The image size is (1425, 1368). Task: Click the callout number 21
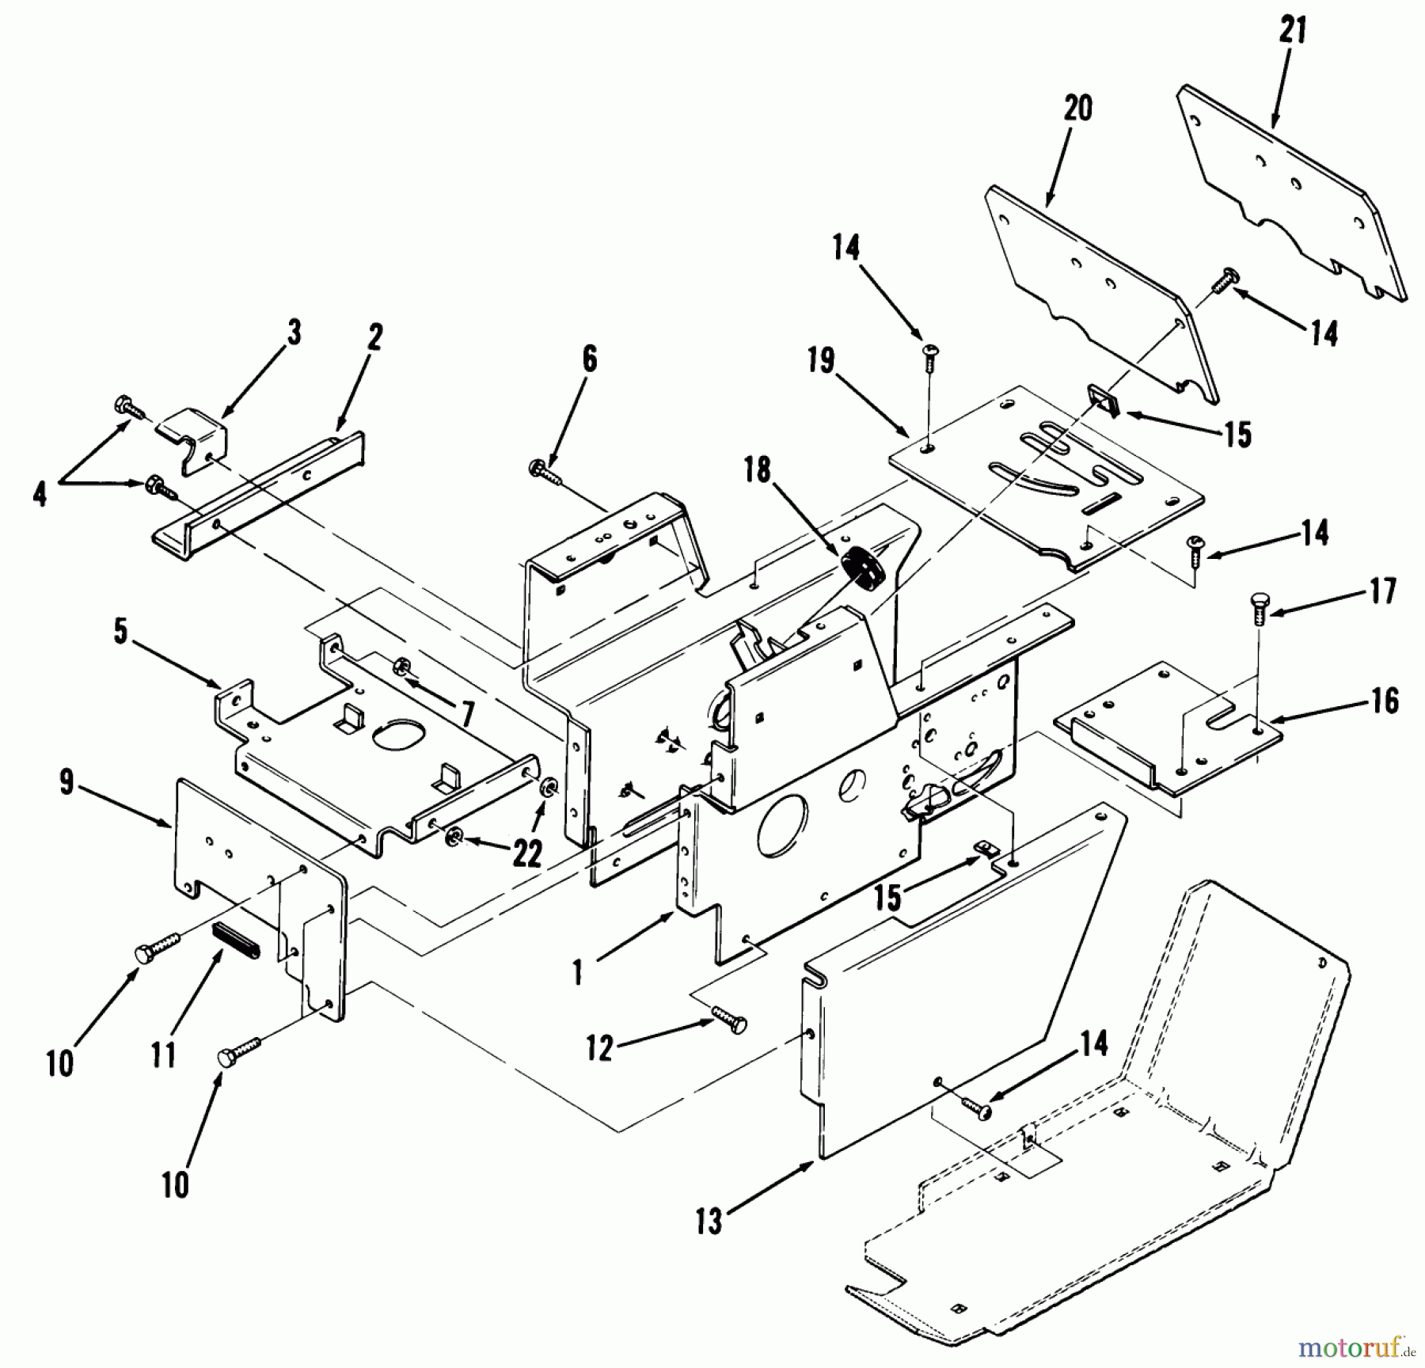pyautogui.click(x=1292, y=32)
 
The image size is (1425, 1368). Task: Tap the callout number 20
pyautogui.click(x=1077, y=108)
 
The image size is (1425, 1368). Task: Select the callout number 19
pyautogui.click(x=822, y=361)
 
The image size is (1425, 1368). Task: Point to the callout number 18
pyautogui.click(x=758, y=470)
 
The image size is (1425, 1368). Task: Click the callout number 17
pyautogui.click(x=1382, y=591)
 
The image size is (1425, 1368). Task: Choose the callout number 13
pyautogui.click(x=709, y=1222)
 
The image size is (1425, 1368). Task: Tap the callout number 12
pyautogui.click(x=599, y=1049)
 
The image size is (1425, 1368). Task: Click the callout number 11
pyautogui.click(x=163, y=1055)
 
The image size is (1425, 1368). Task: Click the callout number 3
pyautogui.click(x=294, y=333)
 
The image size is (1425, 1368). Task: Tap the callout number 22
pyautogui.click(x=527, y=853)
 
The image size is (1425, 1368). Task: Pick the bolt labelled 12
pyautogui.click(x=728, y=1020)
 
